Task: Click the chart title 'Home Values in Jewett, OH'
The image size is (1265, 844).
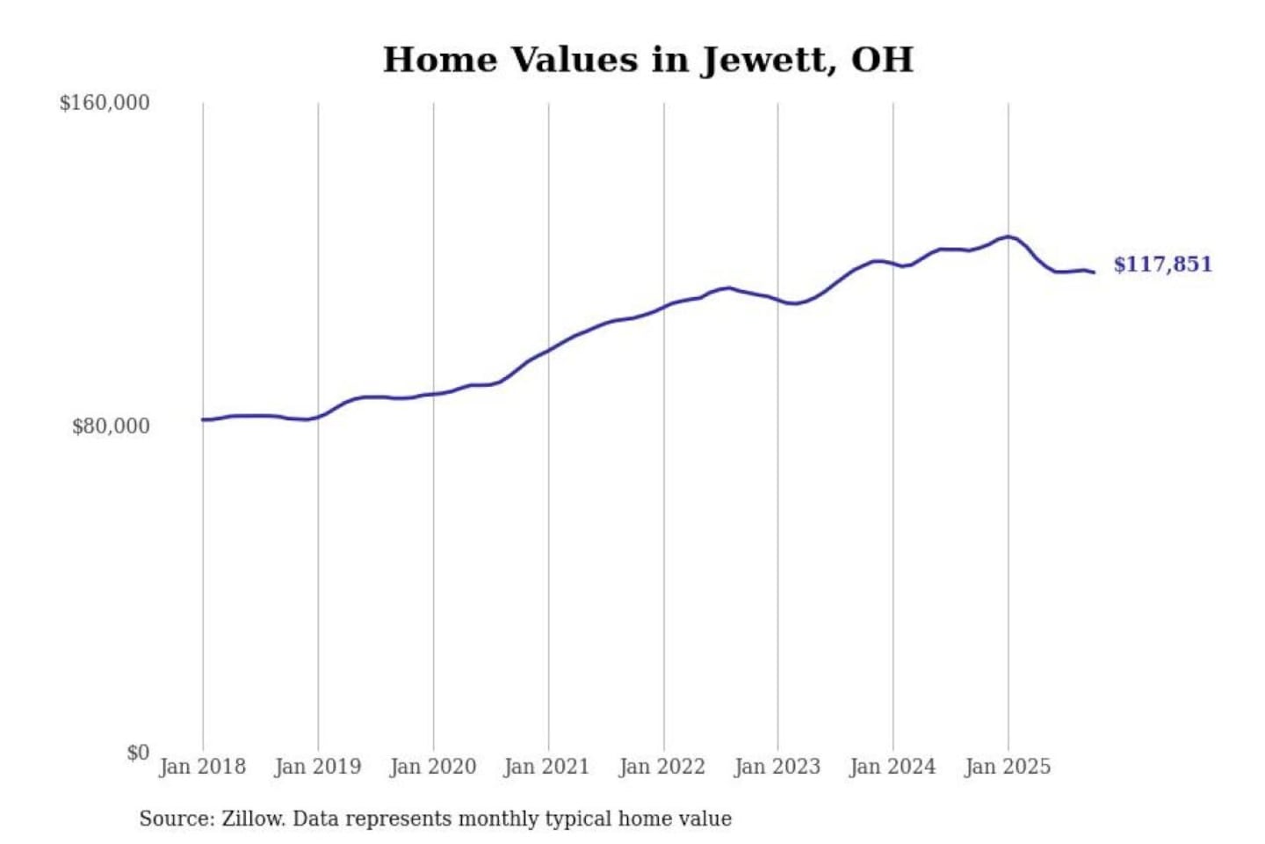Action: click(x=647, y=60)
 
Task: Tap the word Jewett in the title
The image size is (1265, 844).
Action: click(x=768, y=60)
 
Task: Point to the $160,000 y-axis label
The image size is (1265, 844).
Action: click(x=105, y=103)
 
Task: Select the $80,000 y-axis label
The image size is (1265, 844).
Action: click(x=111, y=426)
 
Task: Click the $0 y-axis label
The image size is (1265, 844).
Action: click(x=138, y=753)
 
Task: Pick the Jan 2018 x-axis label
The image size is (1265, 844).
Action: click(x=202, y=767)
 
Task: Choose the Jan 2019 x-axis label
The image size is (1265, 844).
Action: click(x=317, y=767)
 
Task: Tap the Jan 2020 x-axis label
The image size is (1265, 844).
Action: click(x=432, y=767)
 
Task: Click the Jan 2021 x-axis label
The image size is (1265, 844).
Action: click(x=546, y=767)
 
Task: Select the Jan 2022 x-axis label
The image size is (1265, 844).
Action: click(x=661, y=767)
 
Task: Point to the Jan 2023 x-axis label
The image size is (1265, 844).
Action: click(x=777, y=767)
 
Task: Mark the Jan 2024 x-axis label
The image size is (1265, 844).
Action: click(x=892, y=767)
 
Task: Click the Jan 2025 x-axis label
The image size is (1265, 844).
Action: click(x=1007, y=767)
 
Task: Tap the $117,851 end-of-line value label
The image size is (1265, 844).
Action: click(x=1162, y=265)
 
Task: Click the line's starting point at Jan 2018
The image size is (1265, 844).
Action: click(x=204, y=419)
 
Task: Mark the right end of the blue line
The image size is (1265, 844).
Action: click(x=1094, y=273)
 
